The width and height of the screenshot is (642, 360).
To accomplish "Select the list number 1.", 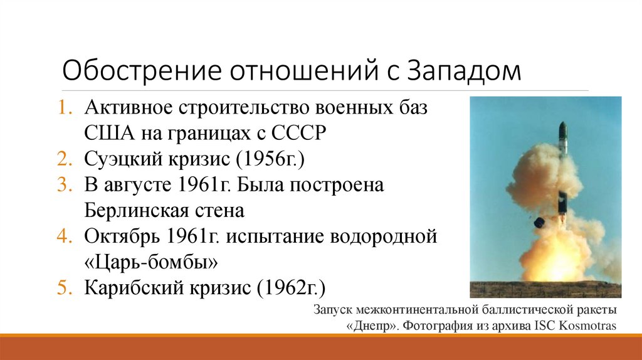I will click(67, 107).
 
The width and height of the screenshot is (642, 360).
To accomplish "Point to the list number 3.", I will click(67, 186).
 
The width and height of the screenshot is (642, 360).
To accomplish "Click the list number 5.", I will click(67, 288).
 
